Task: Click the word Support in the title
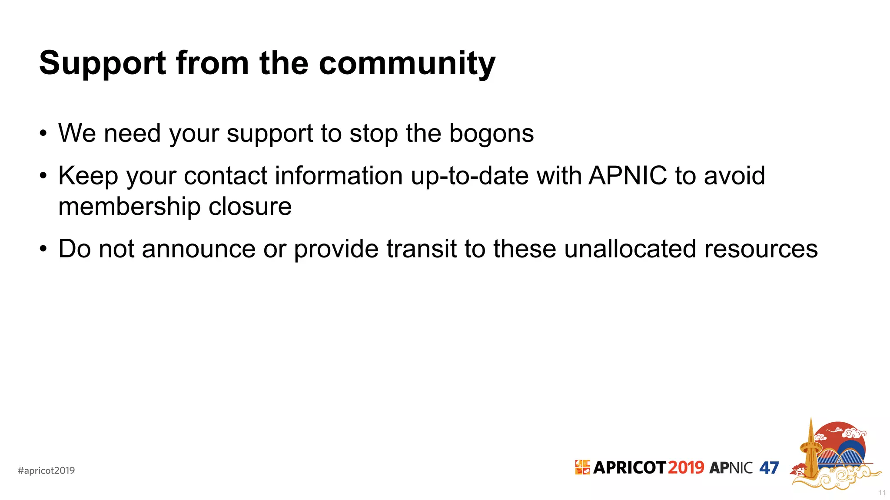[x=103, y=63]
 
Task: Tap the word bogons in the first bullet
[x=491, y=133]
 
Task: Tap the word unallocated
[x=630, y=249]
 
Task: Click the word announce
[x=198, y=250]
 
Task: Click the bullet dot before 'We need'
[x=43, y=134]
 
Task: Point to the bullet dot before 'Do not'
[x=43, y=250]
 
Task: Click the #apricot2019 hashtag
[x=46, y=470]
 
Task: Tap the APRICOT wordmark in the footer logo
[x=629, y=468]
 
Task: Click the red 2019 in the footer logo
[x=686, y=468]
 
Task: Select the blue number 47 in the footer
[x=769, y=468]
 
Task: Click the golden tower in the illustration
[x=810, y=451]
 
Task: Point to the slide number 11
[x=882, y=493]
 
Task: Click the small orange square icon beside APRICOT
[x=582, y=467]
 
